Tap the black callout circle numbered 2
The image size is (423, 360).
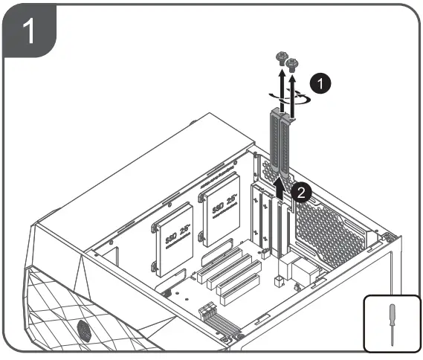click(x=300, y=192)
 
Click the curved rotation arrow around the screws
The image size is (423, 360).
click(x=285, y=97)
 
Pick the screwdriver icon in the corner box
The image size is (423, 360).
click(x=390, y=323)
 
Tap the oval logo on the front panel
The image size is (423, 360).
click(x=84, y=328)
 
